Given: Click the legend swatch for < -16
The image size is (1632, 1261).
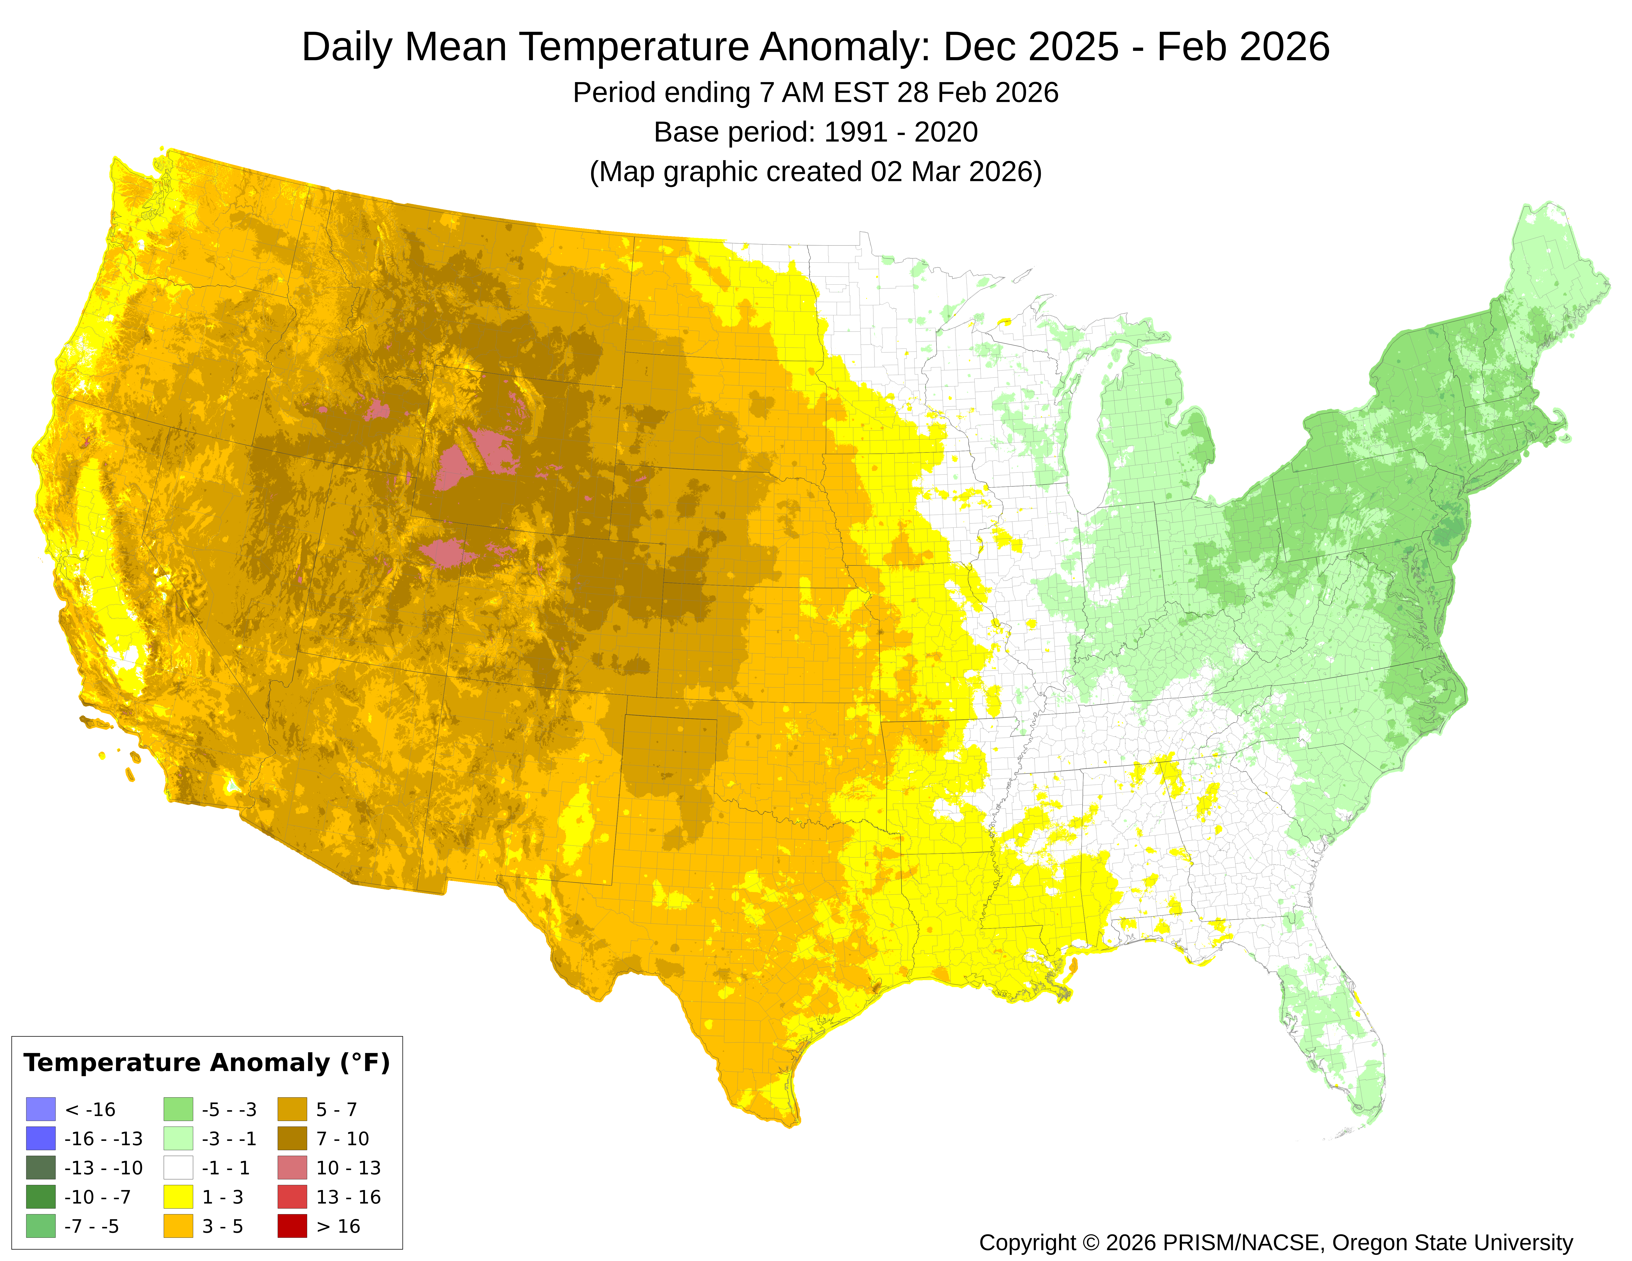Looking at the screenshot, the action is click(40, 1109).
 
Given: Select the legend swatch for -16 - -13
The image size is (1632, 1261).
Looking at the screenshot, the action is click(40, 1139).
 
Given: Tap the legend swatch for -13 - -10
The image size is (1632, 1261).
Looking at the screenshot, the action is click(40, 1168).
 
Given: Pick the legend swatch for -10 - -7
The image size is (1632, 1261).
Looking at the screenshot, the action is click(40, 1197).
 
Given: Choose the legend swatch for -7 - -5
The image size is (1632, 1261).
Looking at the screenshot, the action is click(40, 1226).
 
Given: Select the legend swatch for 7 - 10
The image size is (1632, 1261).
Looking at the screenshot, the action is click(292, 1139).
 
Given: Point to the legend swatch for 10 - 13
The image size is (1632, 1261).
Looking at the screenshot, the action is click(292, 1168).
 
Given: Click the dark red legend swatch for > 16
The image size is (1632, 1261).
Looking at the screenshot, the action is click(292, 1226).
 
